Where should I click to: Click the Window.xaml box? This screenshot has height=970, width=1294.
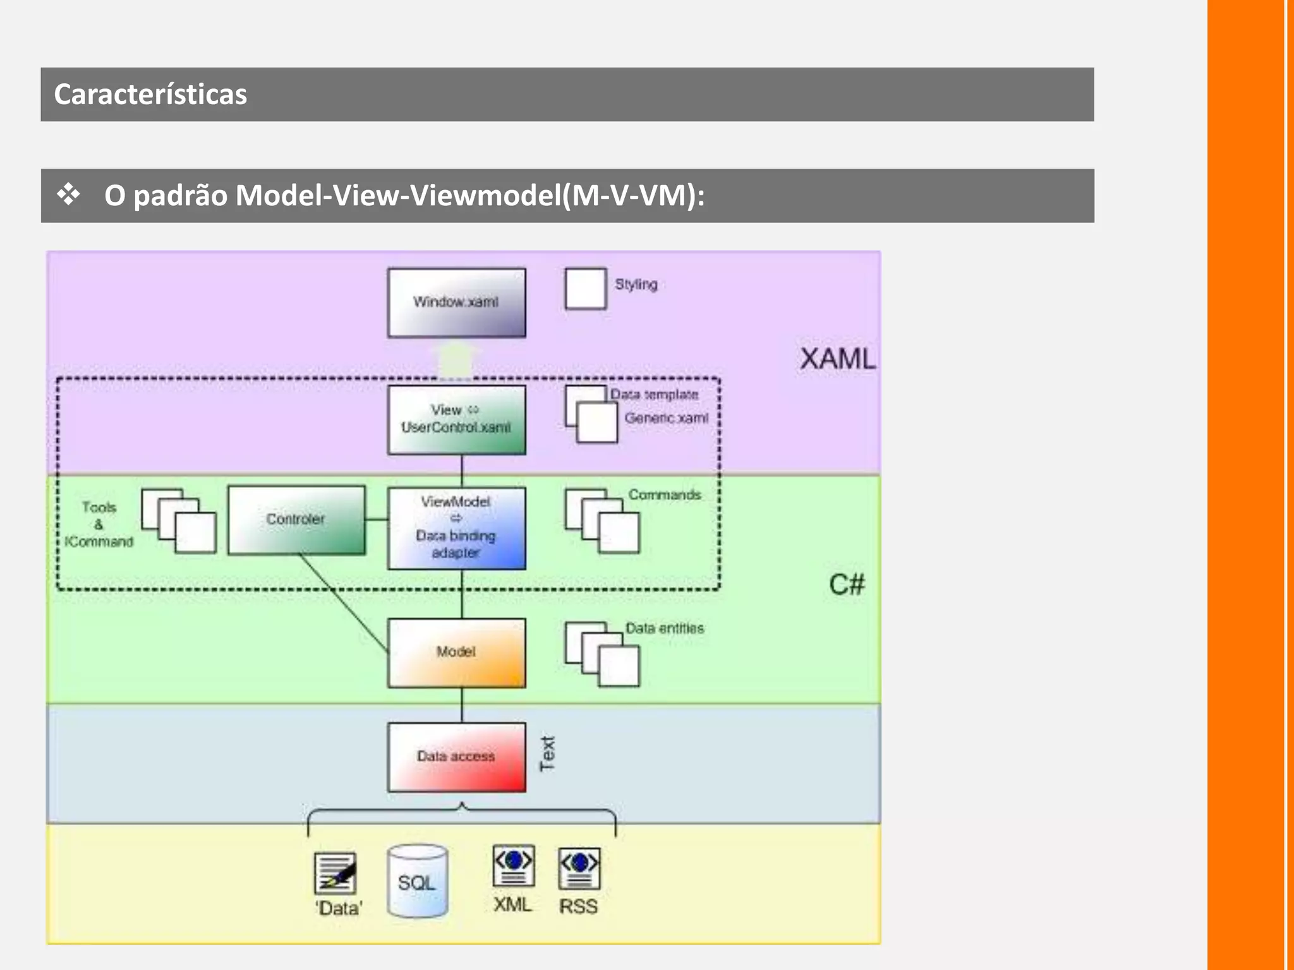click(x=456, y=302)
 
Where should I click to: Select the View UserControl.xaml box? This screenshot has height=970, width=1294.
click(x=456, y=420)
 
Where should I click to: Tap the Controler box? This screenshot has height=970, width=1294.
click(x=296, y=520)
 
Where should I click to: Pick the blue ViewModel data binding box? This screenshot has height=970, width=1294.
click(x=456, y=528)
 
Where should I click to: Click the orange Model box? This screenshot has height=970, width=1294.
click(x=456, y=652)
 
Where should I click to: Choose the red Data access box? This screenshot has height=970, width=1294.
click(x=456, y=757)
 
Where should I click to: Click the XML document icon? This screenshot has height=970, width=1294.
click(x=513, y=866)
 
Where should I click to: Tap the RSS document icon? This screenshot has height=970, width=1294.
click(x=579, y=868)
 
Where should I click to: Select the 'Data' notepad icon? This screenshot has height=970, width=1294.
click(x=335, y=873)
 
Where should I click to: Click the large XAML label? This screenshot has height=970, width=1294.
click(x=837, y=359)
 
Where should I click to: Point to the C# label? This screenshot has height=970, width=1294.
click(x=846, y=585)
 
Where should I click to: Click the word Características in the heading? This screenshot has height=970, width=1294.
click(x=150, y=95)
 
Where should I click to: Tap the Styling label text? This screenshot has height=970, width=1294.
click(x=636, y=285)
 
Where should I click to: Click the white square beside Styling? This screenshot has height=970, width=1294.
click(x=585, y=289)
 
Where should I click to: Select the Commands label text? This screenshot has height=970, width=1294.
click(x=664, y=495)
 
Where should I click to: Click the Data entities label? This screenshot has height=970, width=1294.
click(x=664, y=628)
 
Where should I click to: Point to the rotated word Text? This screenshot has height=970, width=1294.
click(x=547, y=753)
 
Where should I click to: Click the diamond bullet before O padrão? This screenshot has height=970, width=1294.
click(x=68, y=195)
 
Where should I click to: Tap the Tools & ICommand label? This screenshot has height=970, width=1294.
click(x=99, y=524)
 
